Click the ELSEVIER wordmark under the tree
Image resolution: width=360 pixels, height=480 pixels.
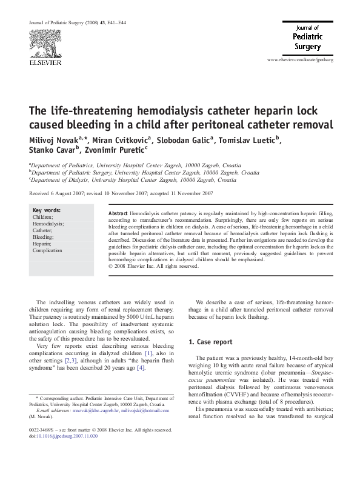point(42,61)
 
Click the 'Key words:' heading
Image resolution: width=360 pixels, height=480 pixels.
point(46,210)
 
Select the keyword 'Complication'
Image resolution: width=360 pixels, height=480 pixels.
point(47,250)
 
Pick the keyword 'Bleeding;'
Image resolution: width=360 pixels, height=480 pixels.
point(44,237)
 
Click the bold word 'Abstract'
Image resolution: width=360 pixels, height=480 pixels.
point(118,215)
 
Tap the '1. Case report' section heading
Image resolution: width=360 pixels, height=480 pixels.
point(210,342)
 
